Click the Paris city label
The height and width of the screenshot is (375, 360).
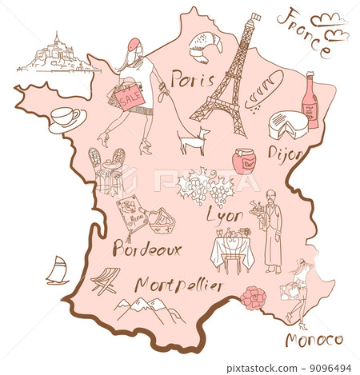[192, 81]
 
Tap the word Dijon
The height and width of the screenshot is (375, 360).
[285, 153]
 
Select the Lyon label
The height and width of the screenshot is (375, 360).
[225, 214]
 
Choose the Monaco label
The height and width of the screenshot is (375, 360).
[314, 340]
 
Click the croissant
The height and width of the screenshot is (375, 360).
[206, 48]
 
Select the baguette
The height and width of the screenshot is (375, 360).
[263, 89]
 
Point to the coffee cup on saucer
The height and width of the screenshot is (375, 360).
[66, 118]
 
